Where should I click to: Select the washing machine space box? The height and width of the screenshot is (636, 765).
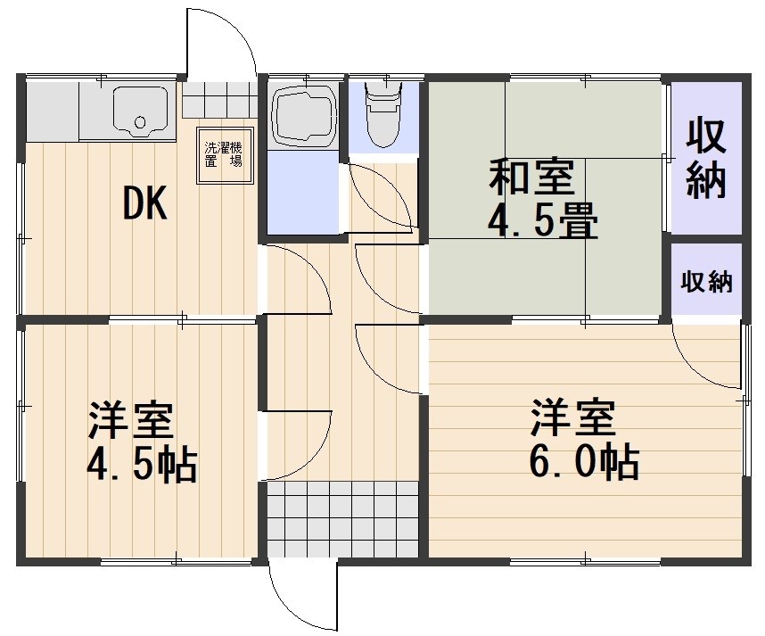(x=222, y=155)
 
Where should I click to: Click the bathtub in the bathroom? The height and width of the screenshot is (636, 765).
(x=303, y=114)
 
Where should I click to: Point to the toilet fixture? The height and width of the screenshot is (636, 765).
(x=384, y=112)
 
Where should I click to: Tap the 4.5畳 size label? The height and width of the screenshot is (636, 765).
(x=542, y=222)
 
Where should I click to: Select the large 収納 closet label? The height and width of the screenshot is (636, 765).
(x=706, y=158)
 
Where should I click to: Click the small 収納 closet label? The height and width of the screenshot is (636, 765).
(x=707, y=282)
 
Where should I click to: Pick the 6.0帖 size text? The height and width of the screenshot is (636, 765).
(x=585, y=461)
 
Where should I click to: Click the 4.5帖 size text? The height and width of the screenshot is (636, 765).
(x=142, y=463)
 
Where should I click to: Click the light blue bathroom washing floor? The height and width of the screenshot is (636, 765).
(x=304, y=191)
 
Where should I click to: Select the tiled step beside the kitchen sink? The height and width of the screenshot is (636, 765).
(x=219, y=100)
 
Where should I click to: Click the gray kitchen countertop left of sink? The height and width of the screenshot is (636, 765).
(x=52, y=111)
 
